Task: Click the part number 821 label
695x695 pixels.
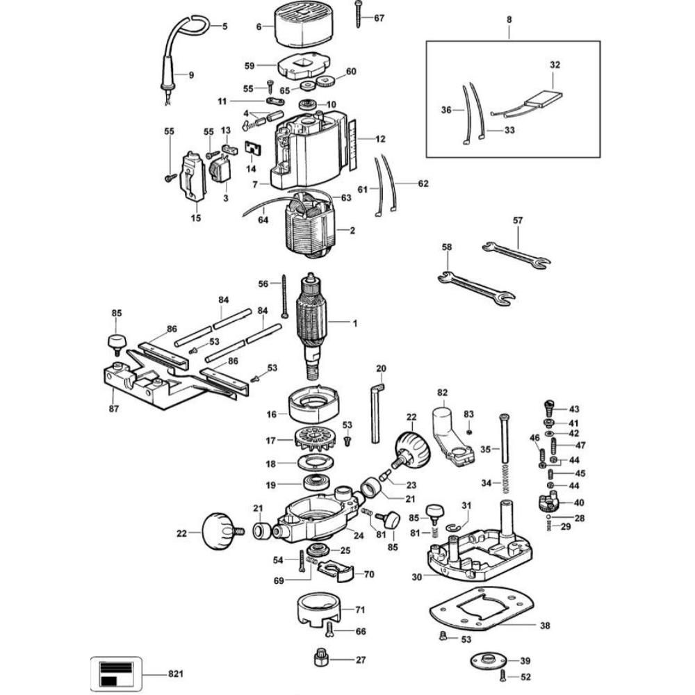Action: (x=178, y=673)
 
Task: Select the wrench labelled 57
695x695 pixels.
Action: (x=516, y=254)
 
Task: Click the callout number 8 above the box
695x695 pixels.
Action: (x=509, y=20)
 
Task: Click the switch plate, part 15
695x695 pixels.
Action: (x=195, y=177)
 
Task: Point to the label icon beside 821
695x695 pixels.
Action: (x=117, y=673)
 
